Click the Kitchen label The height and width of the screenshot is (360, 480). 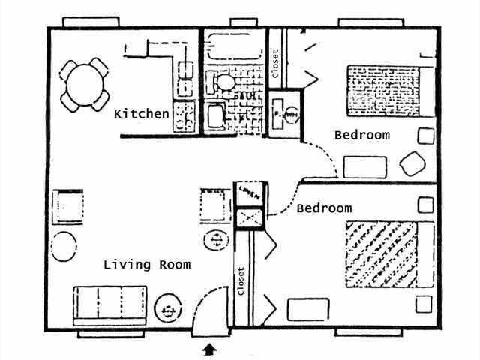(x=141, y=114)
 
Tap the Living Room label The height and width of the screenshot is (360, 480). (x=147, y=264)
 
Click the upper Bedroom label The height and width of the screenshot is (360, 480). (x=362, y=136)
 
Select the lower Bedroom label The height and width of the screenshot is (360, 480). (x=324, y=208)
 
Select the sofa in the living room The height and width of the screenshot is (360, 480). (x=109, y=303)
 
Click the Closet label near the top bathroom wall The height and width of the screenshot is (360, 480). (x=275, y=63)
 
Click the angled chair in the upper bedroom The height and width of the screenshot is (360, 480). (x=412, y=164)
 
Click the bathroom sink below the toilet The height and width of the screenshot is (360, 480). (x=215, y=115)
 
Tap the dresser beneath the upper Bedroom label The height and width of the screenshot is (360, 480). (x=364, y=166)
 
